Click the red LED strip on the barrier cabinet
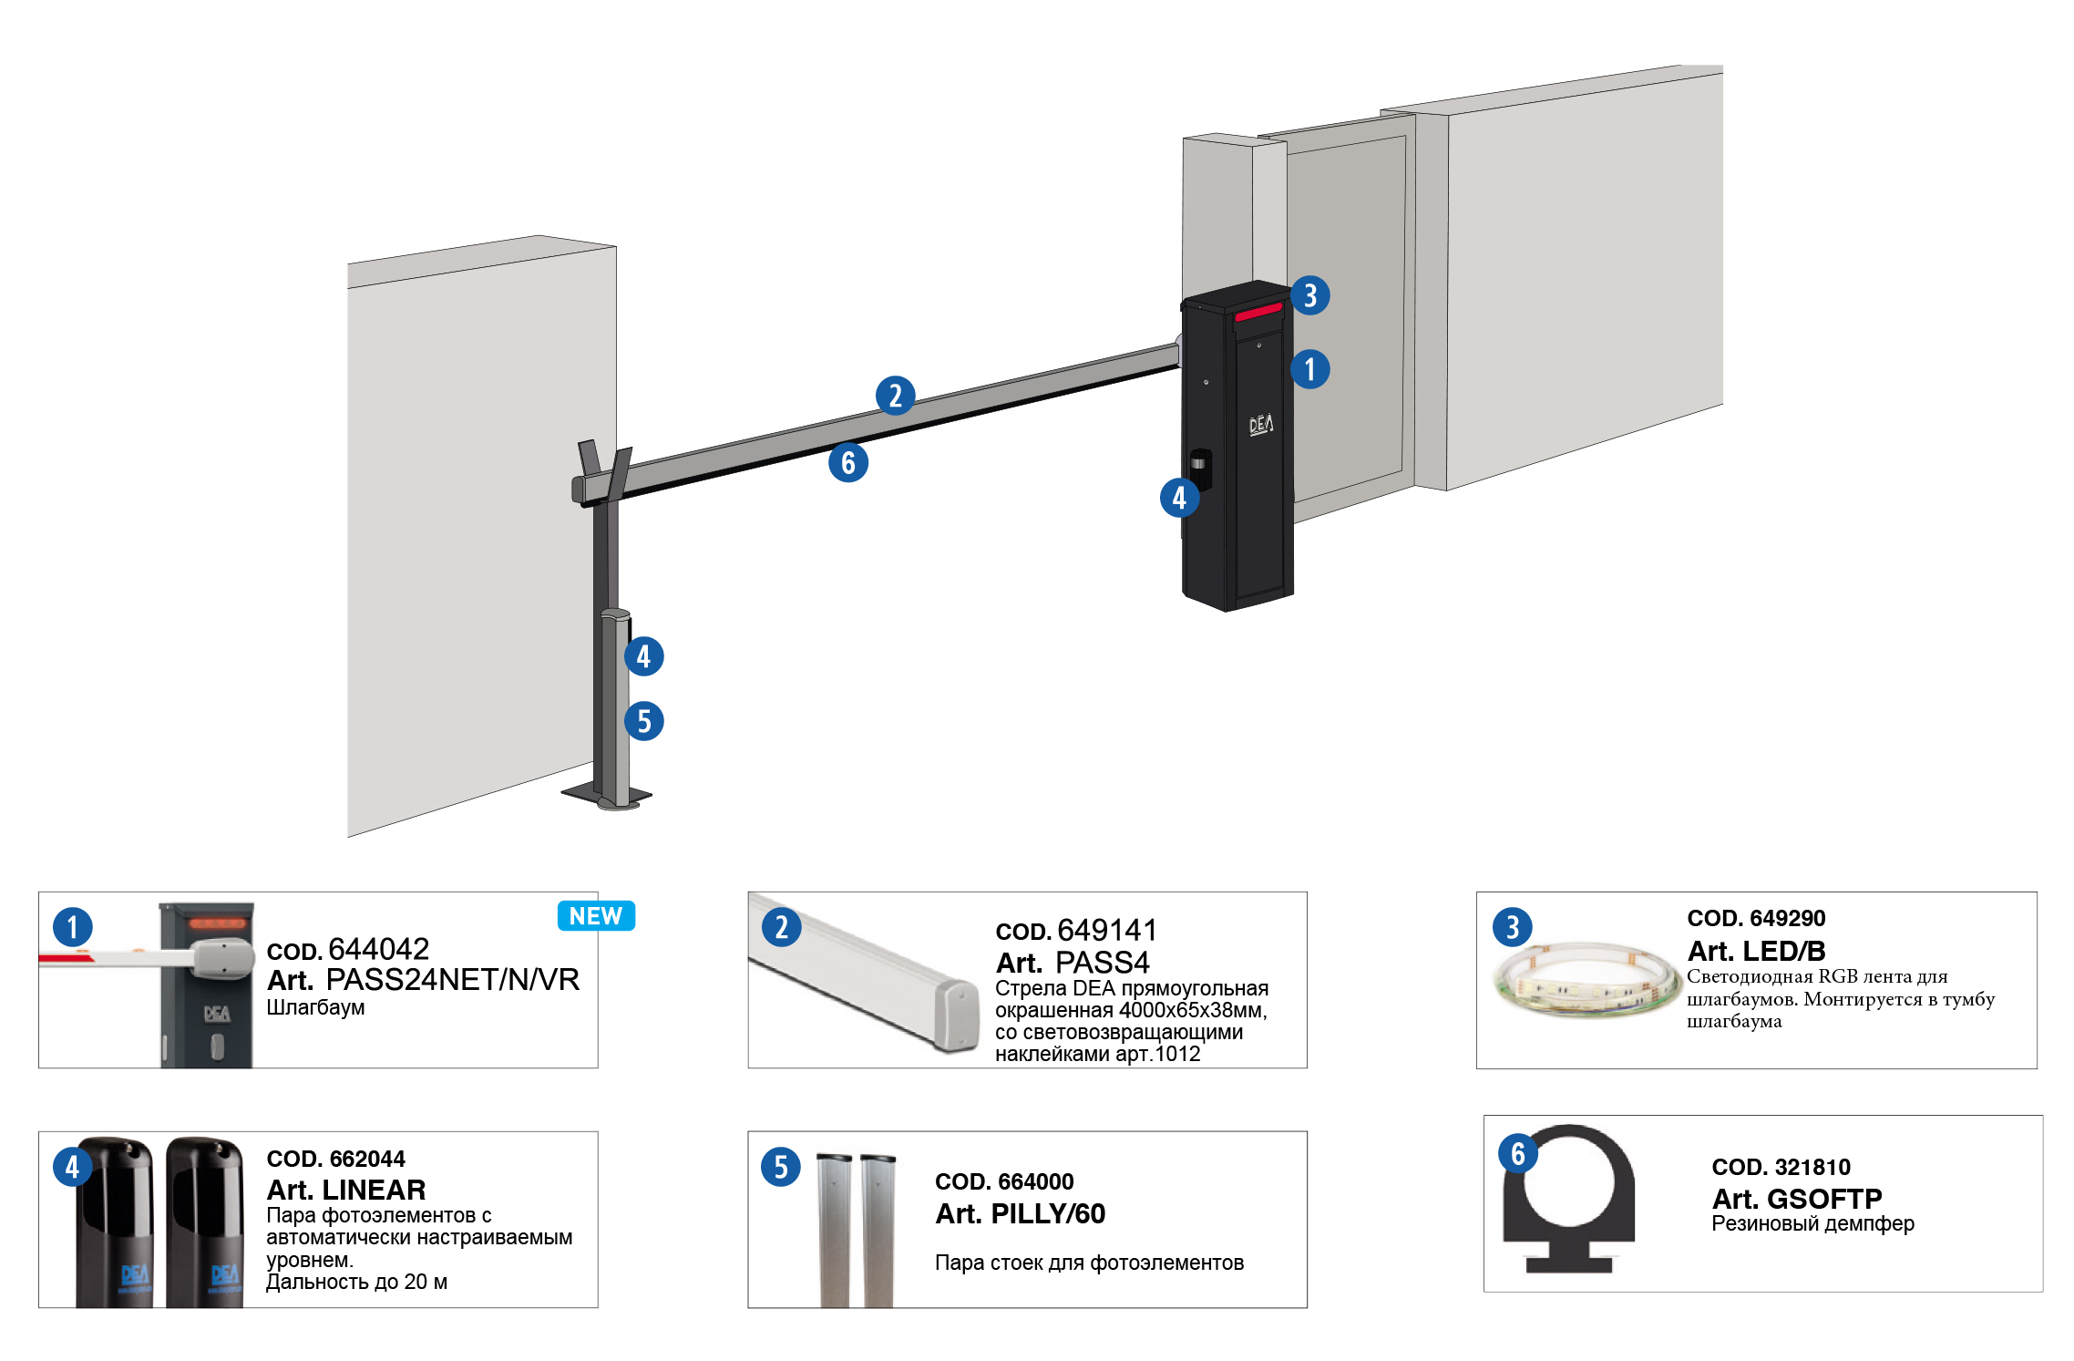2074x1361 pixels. point(1258,313)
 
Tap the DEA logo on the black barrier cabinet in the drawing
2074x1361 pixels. point(1261,424)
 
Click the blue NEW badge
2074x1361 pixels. point(596,916)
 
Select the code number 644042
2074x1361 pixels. point(378,949)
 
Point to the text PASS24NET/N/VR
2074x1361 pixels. point(453,980)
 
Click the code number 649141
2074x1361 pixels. point(1107,930)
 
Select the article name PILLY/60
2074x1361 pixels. point(1047,1213)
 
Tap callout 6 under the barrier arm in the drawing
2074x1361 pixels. point(848,462)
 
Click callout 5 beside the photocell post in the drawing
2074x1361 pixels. point(644,721)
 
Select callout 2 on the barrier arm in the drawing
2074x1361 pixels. point(895,396)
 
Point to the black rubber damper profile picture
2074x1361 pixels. point(1568,1200)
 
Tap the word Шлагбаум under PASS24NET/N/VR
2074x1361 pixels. point(315,1007)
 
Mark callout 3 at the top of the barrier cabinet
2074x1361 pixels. point(1309,295)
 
